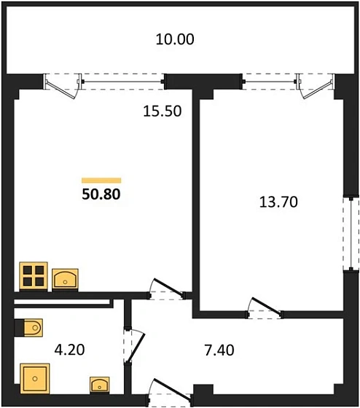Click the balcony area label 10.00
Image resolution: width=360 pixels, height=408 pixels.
click(175, 39)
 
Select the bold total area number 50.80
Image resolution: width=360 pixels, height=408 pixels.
click(101, 195)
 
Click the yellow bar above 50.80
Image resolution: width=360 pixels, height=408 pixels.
click(101, 179)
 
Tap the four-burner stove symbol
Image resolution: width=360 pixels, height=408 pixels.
click(33, 276)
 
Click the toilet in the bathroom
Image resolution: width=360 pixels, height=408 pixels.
click(29, 328)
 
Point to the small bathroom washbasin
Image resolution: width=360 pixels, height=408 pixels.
click(100, 384)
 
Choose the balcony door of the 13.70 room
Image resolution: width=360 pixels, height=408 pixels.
click(314, 85)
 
